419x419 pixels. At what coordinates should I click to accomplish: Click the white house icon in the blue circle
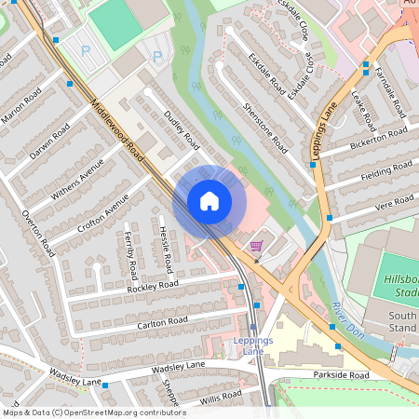(x=209, y=200)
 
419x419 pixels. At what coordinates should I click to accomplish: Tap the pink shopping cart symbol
(x=256, y=246)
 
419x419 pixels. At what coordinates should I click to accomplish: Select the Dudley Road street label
(x=182, y=129)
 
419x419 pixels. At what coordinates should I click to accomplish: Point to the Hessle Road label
(x=164, y=244)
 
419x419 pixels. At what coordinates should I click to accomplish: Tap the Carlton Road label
(x=163, y=321)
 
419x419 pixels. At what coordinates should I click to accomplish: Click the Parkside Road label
(x=343, y=375)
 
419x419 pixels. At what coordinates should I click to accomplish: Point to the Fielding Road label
(x=386, y=170)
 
